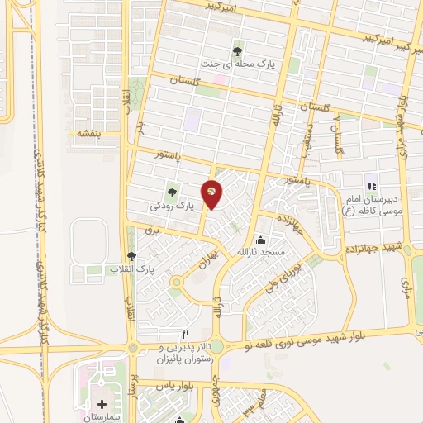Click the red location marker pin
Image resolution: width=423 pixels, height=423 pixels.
pos(211,192)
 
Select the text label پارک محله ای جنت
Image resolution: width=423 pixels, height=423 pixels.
pos(239,62)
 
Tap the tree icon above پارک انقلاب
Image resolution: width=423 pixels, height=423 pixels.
pos(131,256)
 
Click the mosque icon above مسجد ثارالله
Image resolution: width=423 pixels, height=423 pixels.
pos(260,240)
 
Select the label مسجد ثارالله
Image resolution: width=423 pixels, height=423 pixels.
pos(260,251)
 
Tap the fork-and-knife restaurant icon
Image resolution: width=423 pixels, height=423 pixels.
pos(185,333)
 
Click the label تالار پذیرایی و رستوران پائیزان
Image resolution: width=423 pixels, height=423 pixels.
pos(185,354)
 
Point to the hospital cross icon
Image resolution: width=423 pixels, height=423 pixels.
pos(102,405)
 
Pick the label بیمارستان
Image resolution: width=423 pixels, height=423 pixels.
pos(102,418)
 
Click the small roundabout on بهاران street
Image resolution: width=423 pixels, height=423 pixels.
pos(177,283)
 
